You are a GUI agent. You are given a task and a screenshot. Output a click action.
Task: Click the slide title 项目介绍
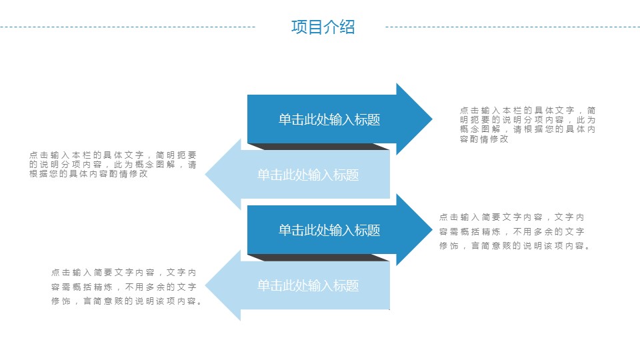(323, 27)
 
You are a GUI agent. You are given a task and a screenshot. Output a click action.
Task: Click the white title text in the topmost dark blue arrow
(329, 120)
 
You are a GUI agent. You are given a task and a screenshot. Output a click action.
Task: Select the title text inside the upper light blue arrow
(308, 175)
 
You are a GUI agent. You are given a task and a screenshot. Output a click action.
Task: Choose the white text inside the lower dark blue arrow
(329, 231)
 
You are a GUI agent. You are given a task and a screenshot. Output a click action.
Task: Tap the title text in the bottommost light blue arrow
(308, 286)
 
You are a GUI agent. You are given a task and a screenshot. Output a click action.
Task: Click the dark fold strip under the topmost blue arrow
(319, 147)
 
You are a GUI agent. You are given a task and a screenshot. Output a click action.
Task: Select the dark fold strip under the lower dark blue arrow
(319, 257)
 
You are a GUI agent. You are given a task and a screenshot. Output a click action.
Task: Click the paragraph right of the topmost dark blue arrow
(527, 125)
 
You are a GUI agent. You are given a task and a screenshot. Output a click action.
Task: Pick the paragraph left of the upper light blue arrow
(113, 164)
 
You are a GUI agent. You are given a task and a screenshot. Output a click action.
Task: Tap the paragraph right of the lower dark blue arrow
(514, 231)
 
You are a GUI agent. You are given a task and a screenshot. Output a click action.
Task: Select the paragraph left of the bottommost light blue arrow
(126, 287)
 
